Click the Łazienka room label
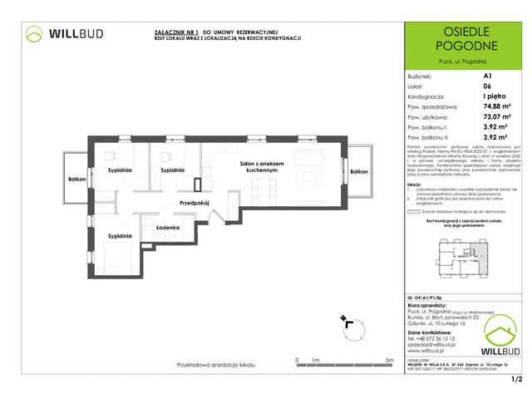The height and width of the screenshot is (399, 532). [x=168, y=227]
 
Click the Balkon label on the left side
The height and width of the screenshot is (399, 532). [x=77, y=179]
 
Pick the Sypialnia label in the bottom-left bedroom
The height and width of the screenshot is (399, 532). [x=120, y=237]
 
